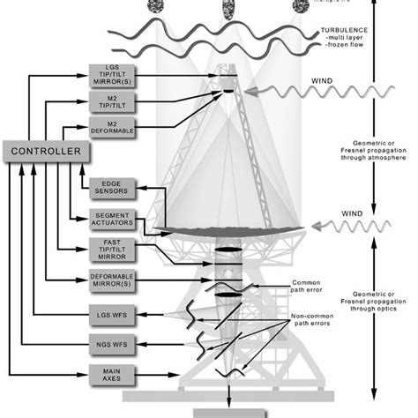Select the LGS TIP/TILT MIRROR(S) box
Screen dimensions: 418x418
112,76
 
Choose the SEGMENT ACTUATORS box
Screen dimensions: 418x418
112,220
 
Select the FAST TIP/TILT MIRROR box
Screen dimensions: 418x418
112,250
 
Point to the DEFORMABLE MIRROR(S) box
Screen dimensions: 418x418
112,282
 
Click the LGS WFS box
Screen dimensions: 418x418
112,313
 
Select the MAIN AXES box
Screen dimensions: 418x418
112,375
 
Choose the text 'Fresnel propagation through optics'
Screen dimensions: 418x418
375,304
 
